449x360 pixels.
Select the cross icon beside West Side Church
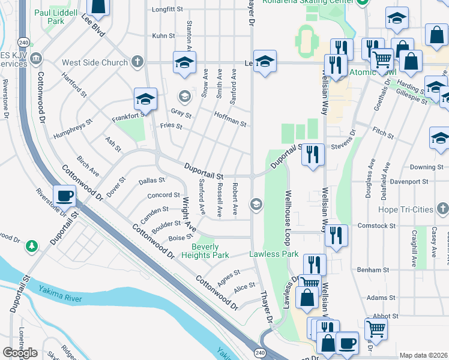pyautogui.click(x=137, y=62)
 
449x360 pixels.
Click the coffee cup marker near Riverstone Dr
pyautogui.click(x=64, y=196)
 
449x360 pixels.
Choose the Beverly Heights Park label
pyautogui.click(x=210, y=251)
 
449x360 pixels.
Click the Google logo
pyautogui.click(x=19, y=352)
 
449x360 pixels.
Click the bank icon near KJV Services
pyautogui.click(x=37, y=58)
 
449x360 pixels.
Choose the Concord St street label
pyautogui.click(x=163, y=195)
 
